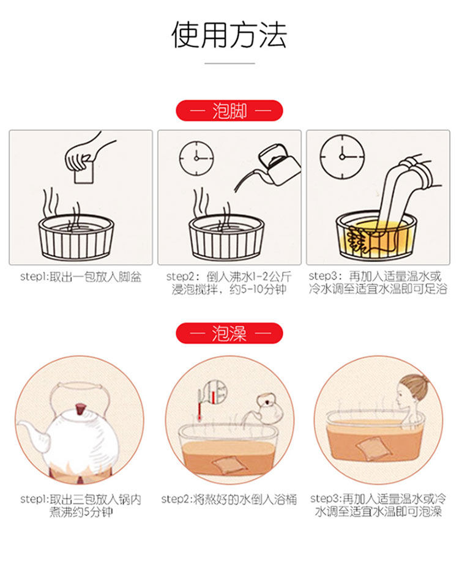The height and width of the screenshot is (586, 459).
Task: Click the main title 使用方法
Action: pyautogui.click(x=229, y=35)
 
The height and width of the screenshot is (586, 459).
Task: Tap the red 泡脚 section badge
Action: pyautogui.click(x=229, y=111)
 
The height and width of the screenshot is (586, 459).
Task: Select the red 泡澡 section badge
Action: pyautogui.click(x=229, y=333)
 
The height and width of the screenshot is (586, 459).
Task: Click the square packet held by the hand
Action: pyautogui.click(x=84, y=172)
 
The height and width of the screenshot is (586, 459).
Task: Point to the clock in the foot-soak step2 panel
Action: pyautogui.click(x=196, y=158)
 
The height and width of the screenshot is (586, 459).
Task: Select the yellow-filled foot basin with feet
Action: pyautogui.click(x=376, y=236)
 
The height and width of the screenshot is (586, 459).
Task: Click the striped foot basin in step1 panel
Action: pyautogui.click(x=76, y=238)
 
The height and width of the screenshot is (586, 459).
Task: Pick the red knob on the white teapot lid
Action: pyautogui.click(x=80, y=409)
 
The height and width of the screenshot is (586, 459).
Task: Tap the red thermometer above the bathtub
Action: pyautogui.click(x=200, y=405)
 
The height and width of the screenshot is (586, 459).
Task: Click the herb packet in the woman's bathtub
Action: pyautogui.click(x=373, y=447)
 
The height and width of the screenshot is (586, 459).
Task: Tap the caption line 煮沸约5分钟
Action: pyautogui.click(x=81, y=511)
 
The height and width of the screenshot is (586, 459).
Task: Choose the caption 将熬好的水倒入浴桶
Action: pyautogui.click(x=245, y=499)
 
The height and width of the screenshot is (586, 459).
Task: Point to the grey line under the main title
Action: pyautogui.click(x=229, y=63)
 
